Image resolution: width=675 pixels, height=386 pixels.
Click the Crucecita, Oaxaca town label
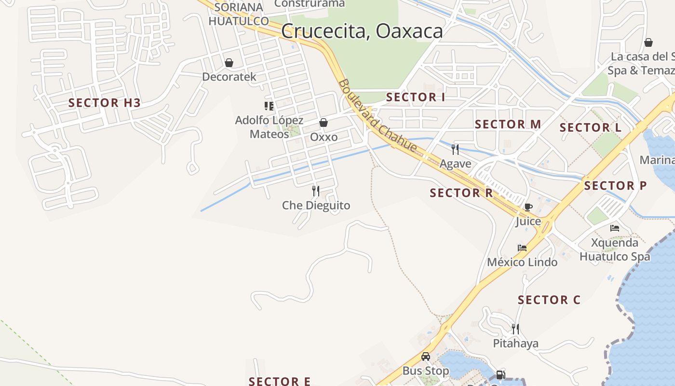click(x=362, y=31)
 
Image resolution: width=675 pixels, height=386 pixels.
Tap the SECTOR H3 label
click(x=105, y=103)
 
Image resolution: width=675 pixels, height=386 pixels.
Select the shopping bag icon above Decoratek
click(x=229, y=63)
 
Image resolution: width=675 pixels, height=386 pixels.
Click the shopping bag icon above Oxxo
click(x=324, y=123)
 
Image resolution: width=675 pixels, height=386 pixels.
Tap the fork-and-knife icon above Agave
click(x=455, y=150)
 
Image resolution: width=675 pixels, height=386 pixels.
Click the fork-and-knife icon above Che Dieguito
click(x=316, y=191)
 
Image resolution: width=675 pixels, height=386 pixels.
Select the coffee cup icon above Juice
click(x=528, y=207)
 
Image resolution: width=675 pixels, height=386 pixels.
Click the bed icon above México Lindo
click(x=522, y=248)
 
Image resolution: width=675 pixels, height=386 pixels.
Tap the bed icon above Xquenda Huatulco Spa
click(x=615, y=228)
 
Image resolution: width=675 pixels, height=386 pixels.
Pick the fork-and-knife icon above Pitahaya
click(x=515, y=329)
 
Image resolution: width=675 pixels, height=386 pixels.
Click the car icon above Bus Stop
click(x=426, y=357)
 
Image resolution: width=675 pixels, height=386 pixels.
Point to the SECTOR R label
click(x=461, y=193)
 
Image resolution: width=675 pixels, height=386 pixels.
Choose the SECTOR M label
click(x=508, y=124)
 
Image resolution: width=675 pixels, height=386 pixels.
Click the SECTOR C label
click(x=549, y=300)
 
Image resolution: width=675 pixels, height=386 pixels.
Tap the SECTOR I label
click(x=416, y=97)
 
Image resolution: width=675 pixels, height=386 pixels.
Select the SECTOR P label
click(x=616, y=186)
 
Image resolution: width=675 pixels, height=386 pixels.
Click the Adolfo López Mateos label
click(x=269, y=127)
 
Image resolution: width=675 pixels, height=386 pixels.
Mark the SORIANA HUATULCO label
click(x=239, y=14)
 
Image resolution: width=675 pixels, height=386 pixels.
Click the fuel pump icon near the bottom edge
click(x=501, y=374)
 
